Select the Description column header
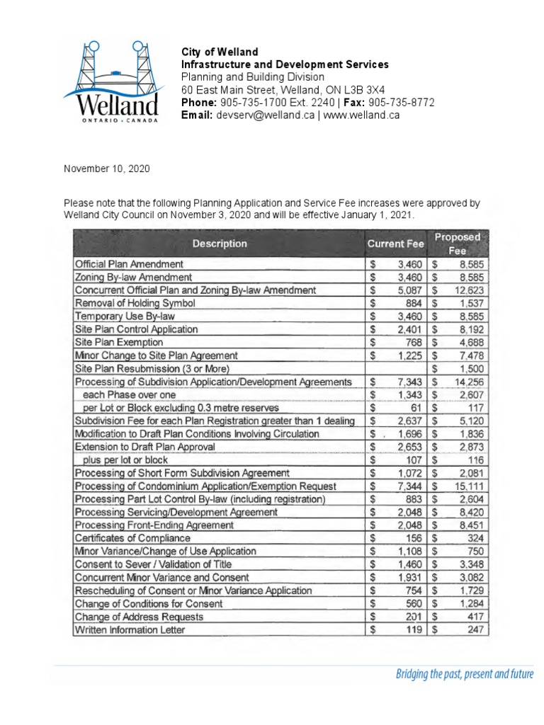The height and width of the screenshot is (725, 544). coord(219,244)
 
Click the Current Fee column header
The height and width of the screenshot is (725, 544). coord(395,244)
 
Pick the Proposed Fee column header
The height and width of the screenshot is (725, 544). coord(458,244)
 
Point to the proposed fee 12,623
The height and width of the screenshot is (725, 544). coord(468,290)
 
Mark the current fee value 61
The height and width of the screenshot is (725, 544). coord(416,408)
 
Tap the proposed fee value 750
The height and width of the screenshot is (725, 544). coord(474,552)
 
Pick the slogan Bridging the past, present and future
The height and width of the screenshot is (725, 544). coord(464,674)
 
